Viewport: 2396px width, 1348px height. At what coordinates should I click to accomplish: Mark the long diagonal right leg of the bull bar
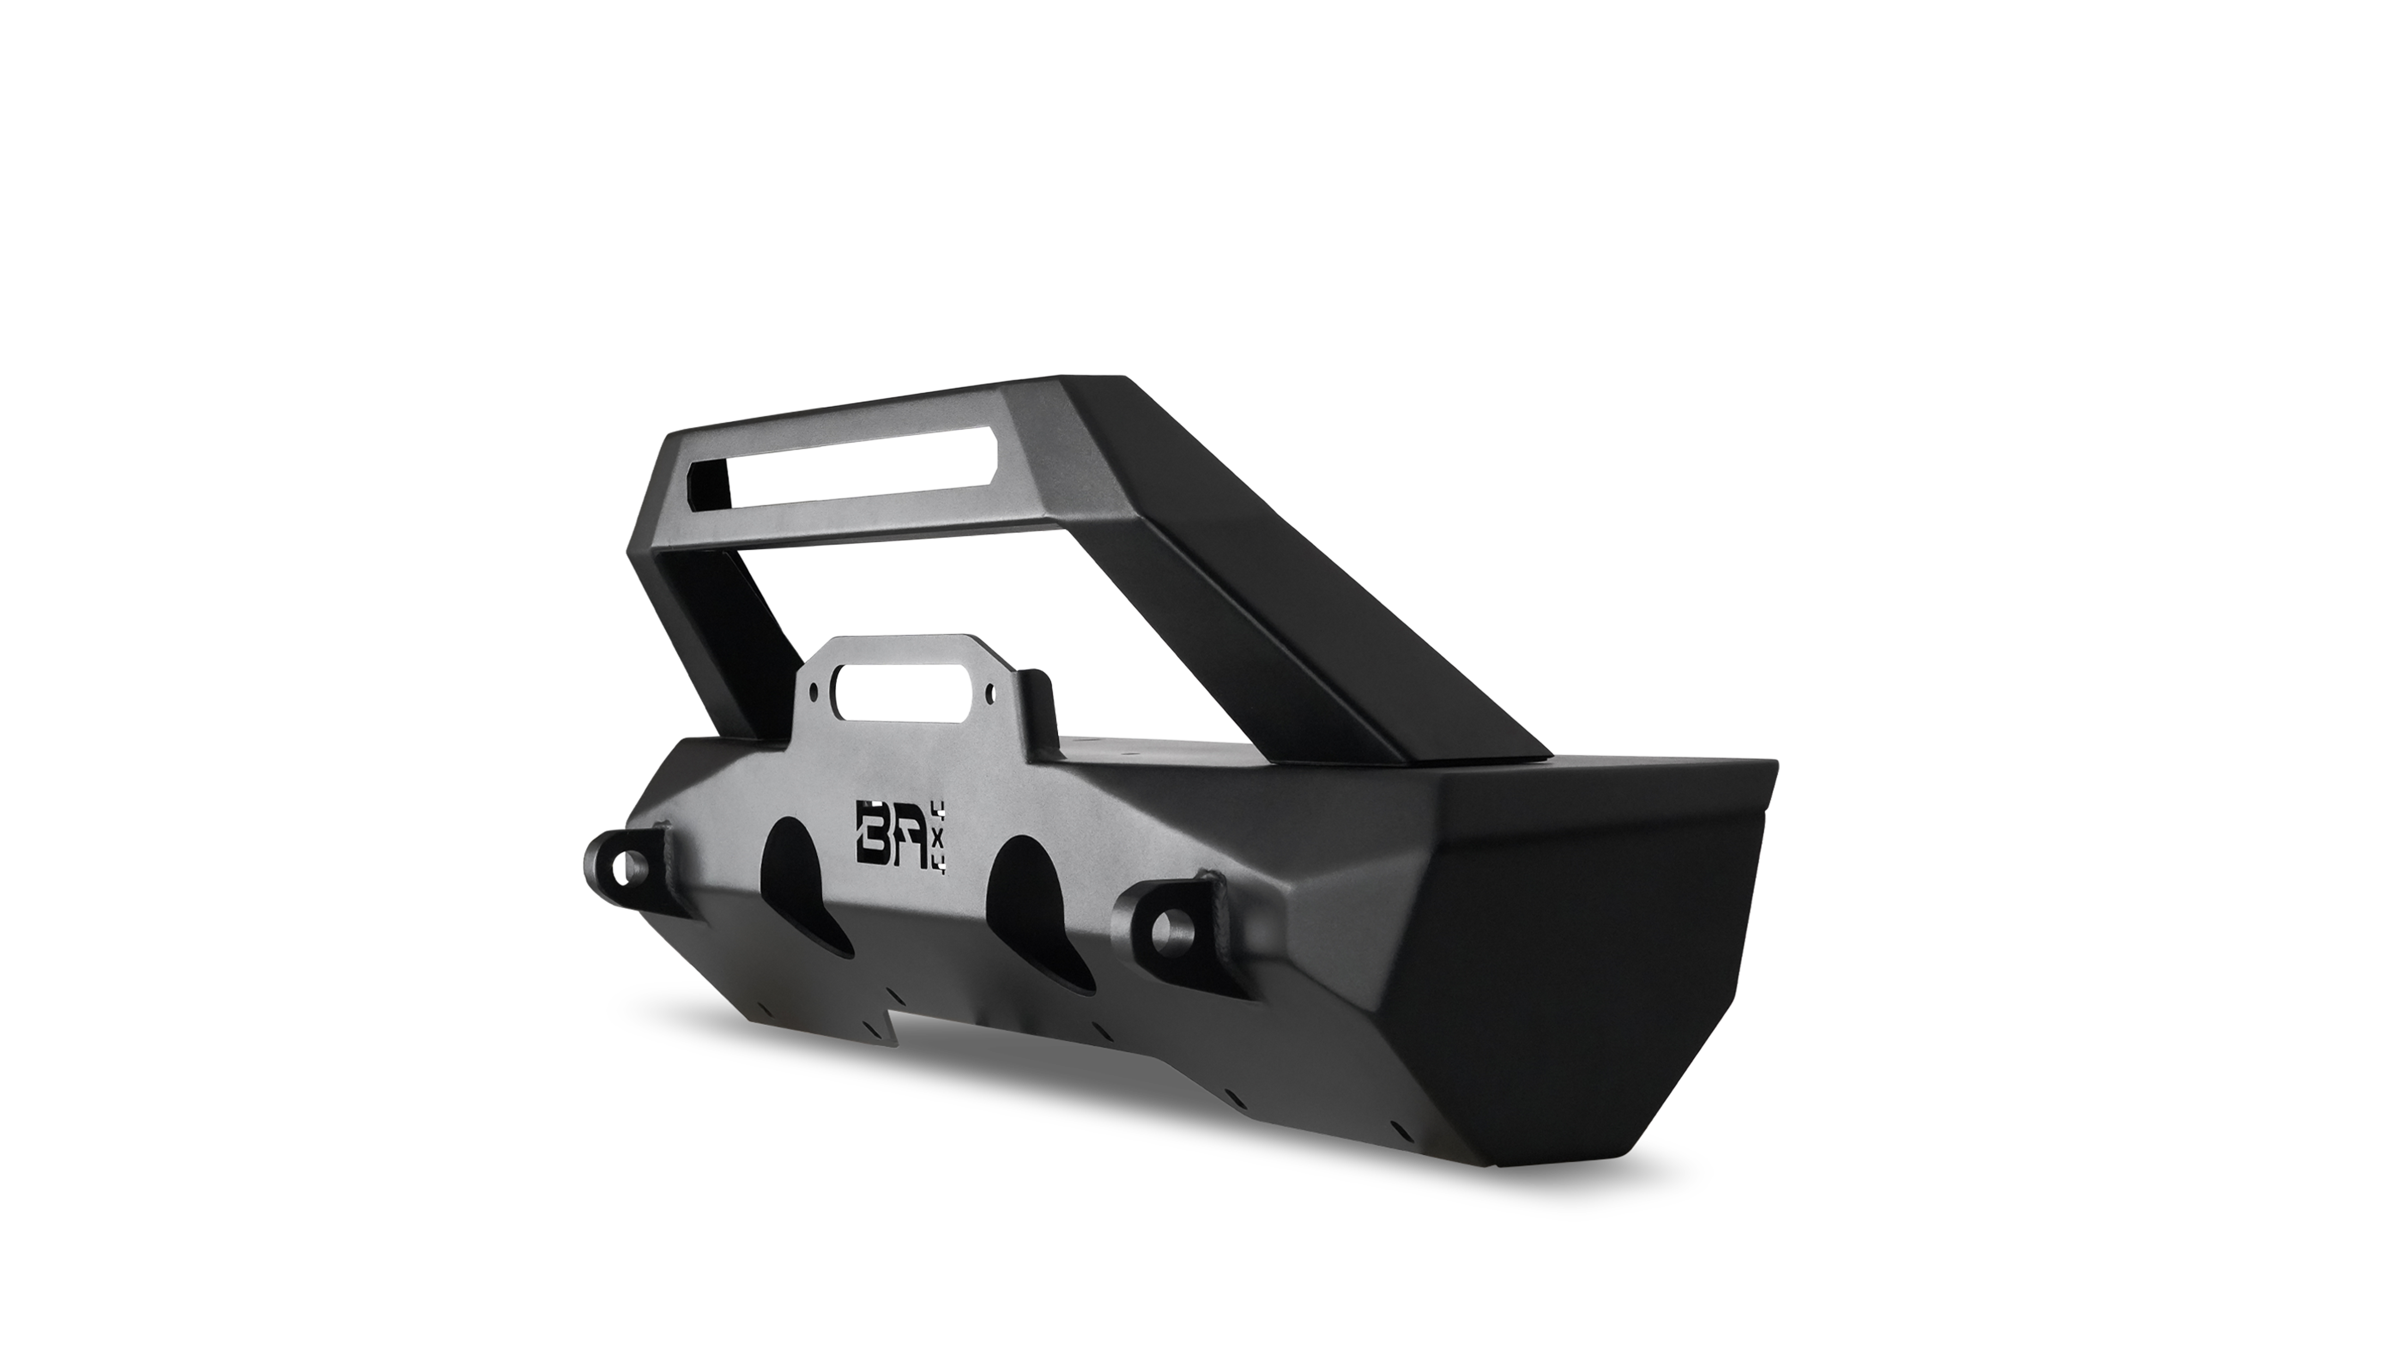1302,595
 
